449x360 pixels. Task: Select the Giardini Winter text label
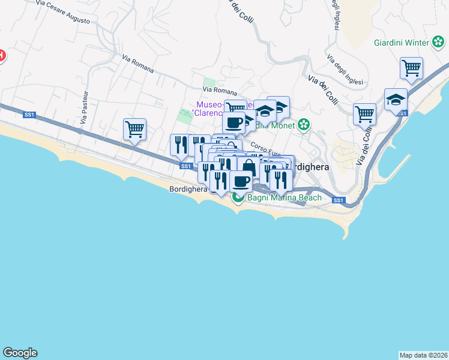click(x=401, y=43)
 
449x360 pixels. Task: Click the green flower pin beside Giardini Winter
click(x=439, y=42)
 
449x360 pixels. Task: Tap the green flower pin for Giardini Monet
click(x=304, y=125)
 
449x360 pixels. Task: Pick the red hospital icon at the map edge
click(x=1, y=56)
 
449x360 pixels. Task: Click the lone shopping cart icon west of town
click(x=134, y=128)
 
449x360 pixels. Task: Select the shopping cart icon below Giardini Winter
click(x=411, y=67)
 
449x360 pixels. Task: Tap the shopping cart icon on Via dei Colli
click(x=364, y=113)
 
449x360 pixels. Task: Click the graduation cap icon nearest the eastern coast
click(x=396, y=99)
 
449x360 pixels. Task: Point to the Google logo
click(x=20, y=353)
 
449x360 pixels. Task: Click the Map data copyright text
click(x=423, y=355)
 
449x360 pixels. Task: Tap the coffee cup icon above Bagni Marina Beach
click(x=241, y=181)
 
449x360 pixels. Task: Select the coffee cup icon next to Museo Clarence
click(x=234, y=122)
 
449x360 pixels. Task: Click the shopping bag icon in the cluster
click(x=249, y=167)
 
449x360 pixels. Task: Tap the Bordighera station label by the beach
click(x=188, y=188)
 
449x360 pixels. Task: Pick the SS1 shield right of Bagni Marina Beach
click(x=338, y=200)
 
